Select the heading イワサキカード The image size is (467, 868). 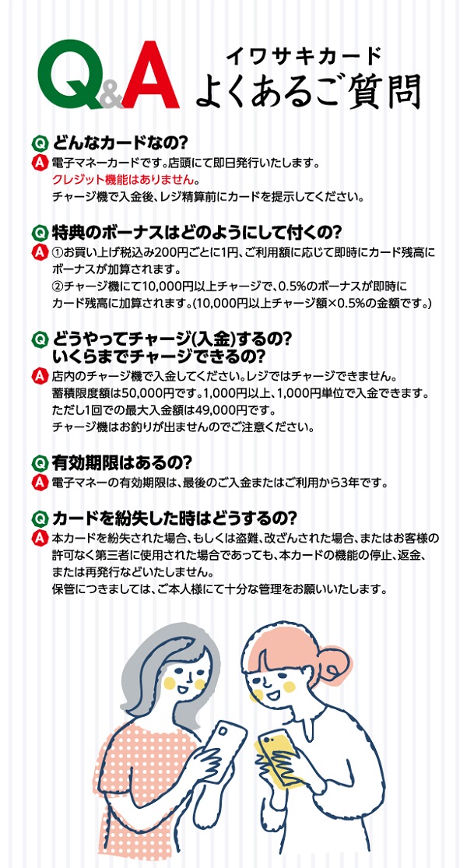coord(305,55)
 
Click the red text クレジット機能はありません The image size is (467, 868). coord(124,179)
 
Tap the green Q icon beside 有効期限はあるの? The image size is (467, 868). coord(39,462)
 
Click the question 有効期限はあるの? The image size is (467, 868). coord(121,461)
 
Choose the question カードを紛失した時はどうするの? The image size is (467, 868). coord(175,518)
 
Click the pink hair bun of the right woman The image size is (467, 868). coord(332,661)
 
